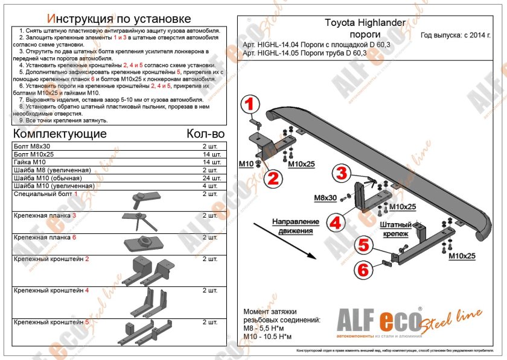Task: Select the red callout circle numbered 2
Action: tap(272, 177)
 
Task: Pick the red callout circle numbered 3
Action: tap(341, 174)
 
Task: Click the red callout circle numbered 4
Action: tap(336, 222)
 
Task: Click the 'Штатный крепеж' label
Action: tap(397, 228)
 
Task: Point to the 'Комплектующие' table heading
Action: tap(60, 134)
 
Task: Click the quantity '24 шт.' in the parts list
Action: tap(211, 178)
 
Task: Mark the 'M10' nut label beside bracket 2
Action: tap(246, 164)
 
